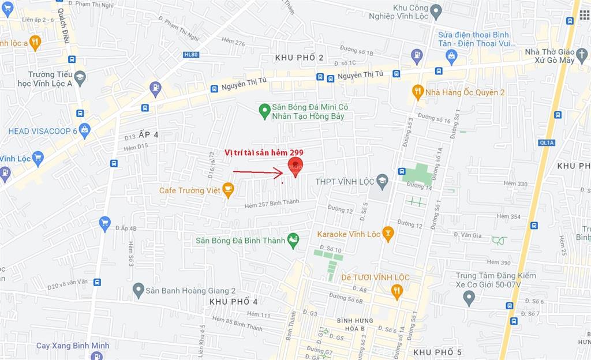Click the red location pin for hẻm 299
[x=295, y=168]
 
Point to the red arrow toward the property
[x=257, y=172]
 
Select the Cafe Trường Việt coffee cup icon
[x=229, y=189]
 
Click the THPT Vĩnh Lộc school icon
[x=382, y=181]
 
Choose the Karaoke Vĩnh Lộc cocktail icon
[x=388, y=234]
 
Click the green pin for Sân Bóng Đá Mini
[x=264, y=109]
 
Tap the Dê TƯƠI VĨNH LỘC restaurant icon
[x=397, y=291]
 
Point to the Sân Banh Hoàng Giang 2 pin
[x=138, y=290]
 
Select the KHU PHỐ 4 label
[x=233, y=302]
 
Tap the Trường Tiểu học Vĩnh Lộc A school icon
[x=80, y=76]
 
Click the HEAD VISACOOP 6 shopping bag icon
[x=85, y=131]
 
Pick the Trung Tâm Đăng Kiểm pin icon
[x=469, y=298]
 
